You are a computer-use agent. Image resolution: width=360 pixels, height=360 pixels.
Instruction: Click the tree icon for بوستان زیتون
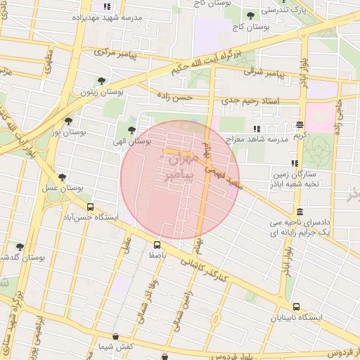(x=102, y=81)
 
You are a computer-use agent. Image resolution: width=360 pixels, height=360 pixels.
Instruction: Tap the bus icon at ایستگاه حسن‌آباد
(x=90, y=207)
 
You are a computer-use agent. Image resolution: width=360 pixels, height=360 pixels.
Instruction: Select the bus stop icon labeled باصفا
(x=156, y=245)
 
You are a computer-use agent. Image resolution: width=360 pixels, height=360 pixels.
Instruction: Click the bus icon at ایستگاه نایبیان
(x=296, y=307)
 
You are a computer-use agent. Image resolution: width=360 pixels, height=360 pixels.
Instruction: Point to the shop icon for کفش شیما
(x=125, y=337)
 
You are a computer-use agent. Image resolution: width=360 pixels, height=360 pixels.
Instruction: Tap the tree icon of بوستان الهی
(x=131, y=129)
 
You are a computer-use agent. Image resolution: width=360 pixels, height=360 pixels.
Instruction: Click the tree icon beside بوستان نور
(x=68, y=120)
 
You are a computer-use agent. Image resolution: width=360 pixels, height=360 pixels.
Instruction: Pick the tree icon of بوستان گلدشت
(x=19, y=247)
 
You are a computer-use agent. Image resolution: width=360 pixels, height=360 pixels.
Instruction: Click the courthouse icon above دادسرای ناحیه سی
(x=300, y=212)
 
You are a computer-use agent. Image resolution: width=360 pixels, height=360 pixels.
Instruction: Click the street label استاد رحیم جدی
(x=250, y=101)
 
